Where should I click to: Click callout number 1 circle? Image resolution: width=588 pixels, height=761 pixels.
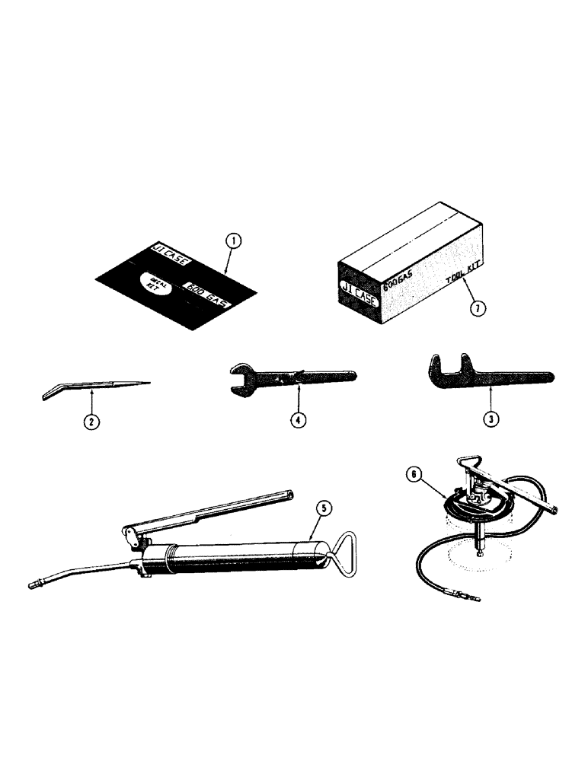235,242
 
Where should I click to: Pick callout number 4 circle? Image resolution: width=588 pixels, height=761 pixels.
300,418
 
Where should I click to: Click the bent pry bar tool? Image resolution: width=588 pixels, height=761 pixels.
91,389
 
